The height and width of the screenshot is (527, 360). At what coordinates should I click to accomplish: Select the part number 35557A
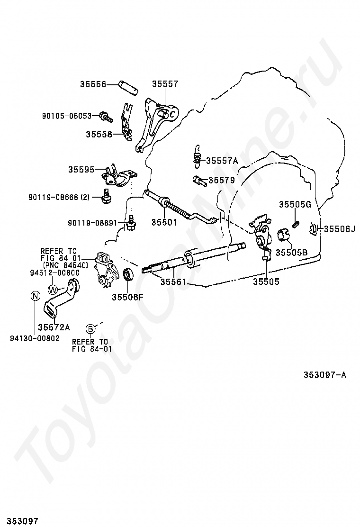[x=222, y=161]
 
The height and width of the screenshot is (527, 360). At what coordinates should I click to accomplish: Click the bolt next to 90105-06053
[x=105, y=116]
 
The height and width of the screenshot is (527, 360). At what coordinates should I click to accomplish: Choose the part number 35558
[x=99, y=134]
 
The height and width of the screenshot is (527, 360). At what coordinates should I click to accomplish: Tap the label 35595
[x=81, y=169]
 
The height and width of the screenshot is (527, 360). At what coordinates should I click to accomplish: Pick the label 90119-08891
[x=93, y=222]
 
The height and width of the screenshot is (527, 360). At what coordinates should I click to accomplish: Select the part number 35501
[x=164, y=222]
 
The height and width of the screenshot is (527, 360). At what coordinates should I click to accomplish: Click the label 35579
[x=222, y=180]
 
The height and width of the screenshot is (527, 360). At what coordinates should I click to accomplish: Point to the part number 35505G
[x=294, y=204]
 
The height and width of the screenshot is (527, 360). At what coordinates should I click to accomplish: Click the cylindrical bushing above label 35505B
[x=283, y=234]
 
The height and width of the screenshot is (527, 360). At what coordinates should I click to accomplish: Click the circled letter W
[x=53, y=289]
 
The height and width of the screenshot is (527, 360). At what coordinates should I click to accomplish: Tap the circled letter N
[x=35, y=296]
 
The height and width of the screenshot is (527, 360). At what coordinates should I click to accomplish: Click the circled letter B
[x=90, y=328]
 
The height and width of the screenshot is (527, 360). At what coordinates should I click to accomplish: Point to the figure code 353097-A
[x=325, y=375]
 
